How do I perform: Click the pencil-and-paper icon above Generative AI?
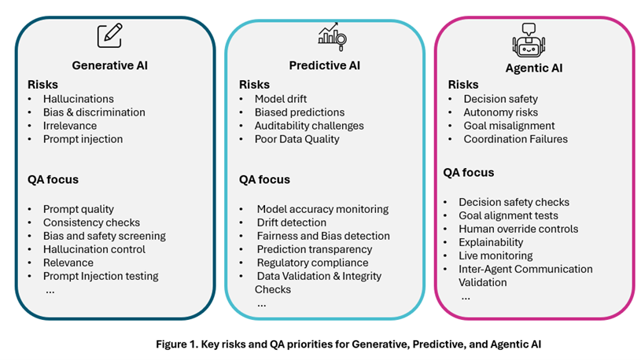coord(109,36)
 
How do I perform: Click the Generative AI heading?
coord(109,64)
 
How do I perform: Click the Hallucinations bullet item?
coord(78,99)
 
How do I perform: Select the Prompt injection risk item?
coord(83,139)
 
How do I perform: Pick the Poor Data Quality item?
coord(297,139)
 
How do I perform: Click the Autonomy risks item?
coord(500,112)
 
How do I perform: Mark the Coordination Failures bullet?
coord(515,139)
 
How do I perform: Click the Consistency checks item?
coord(91,222)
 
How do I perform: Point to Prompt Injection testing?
coord(101,276)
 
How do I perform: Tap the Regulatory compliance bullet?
coord(312,263)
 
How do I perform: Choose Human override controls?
coord(518,229)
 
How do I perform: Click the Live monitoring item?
coord(495,255)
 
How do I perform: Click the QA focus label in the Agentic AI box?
coord(469,172)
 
